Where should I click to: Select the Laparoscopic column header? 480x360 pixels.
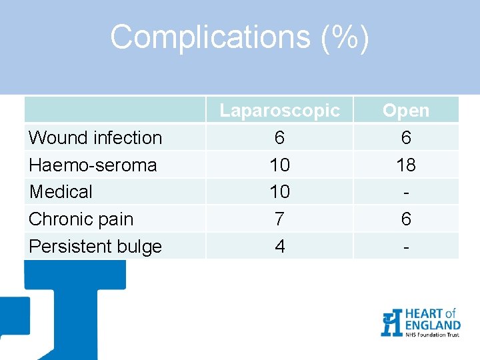279,110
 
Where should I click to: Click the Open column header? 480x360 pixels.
406,110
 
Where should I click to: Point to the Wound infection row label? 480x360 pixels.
95,138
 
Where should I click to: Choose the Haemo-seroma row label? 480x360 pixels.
93,165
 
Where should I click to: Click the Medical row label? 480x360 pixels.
61,192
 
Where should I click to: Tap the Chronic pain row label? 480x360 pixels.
81,219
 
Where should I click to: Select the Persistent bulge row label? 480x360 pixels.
95,247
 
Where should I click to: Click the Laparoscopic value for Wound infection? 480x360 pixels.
279,137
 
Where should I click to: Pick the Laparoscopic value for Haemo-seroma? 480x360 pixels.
279,165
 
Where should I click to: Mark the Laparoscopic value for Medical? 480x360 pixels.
279,192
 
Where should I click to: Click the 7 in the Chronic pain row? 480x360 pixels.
279,219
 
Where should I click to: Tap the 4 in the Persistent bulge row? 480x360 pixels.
279,247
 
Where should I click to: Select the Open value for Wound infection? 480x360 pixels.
406,137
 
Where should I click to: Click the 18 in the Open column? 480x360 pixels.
406,165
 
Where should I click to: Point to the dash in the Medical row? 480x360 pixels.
406,192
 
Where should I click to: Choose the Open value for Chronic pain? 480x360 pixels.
406,219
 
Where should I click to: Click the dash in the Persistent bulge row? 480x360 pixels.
406,247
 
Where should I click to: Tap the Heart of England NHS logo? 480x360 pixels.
420,323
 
